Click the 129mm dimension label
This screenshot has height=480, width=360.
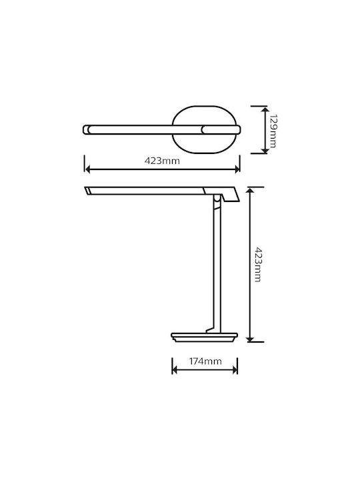[x=273, y=131]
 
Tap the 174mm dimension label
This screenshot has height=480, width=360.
[x=205, y=361]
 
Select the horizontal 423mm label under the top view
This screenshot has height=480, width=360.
[x=162, y=161]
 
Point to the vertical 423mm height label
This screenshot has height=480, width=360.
[x=257, y=264]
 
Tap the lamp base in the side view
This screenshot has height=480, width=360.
[x=204, y=337]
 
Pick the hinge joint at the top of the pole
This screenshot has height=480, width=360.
[x=217, y=199]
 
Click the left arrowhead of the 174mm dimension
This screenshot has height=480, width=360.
[x=175, y=370]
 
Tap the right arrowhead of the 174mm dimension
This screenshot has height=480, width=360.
[x=235, y=370]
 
